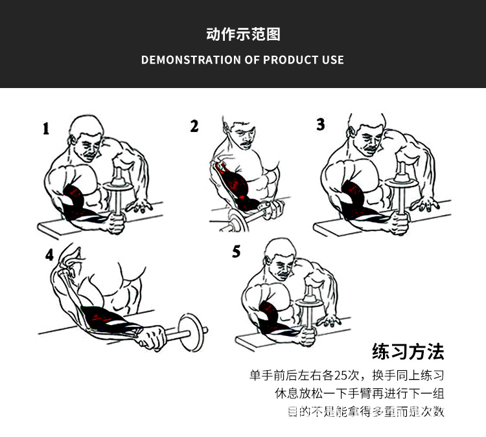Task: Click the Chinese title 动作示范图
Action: point(243,34)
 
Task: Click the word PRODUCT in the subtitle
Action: point(290,60)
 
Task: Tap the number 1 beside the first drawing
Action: point(45,129)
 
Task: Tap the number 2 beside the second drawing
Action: point(194,126)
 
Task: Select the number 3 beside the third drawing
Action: point(320,124)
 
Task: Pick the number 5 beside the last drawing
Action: point(237,251)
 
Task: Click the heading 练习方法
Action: point(408,352)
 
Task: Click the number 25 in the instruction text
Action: point(342,375)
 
